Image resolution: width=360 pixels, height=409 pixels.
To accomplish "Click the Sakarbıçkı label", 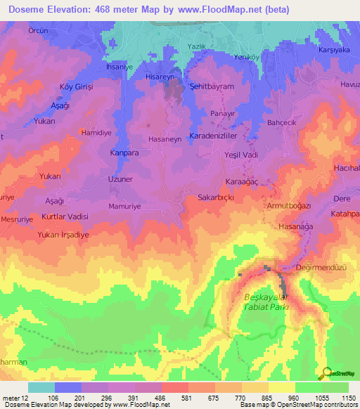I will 215,197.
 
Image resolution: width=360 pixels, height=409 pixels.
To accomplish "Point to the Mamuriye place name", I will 126,207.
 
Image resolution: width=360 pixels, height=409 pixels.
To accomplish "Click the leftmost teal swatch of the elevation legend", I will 41,387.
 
